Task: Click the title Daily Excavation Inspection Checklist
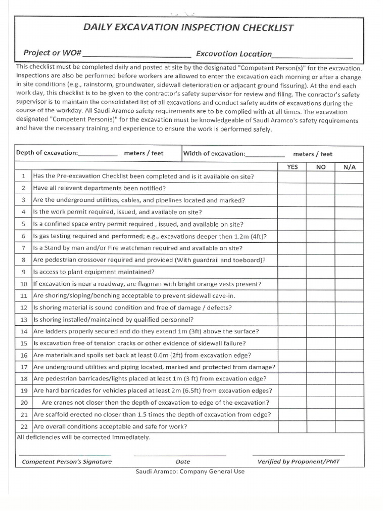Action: point(188,28)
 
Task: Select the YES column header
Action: point(292,166)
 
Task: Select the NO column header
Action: point(321,166)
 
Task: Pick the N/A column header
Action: point(349,166)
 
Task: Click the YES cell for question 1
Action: point(292,177)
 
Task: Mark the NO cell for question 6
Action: point(321,236)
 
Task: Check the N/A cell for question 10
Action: point(349,284)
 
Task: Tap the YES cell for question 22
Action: point(292,426)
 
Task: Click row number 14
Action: point(24,332)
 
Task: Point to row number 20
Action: point(24,403)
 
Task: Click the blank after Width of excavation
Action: point(265,154)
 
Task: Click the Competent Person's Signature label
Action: point(67,461)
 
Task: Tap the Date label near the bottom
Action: point(183,461)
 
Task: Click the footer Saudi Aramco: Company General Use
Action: point(190,471)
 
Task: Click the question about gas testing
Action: point(150,236)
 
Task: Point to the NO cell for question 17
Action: point(321,367)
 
